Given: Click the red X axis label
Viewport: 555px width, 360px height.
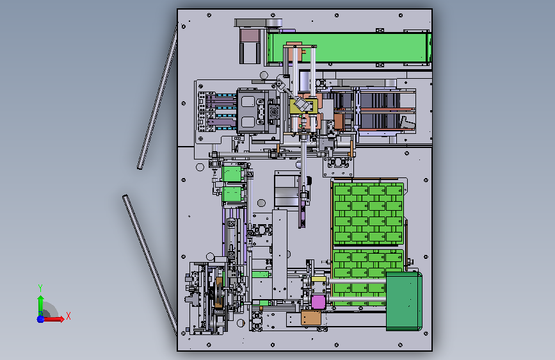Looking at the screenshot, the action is click(68, 316).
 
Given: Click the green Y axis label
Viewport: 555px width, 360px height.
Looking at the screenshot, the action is click(40, 288).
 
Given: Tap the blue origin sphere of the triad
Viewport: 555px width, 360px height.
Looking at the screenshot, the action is click(41, 319).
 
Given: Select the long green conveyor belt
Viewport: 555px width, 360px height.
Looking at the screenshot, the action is click(349, 47).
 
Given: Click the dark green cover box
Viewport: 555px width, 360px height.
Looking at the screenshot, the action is click(403, 301).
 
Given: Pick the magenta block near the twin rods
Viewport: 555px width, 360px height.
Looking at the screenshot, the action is click(318, 302).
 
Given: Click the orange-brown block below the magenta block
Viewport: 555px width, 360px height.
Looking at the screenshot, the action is click(310, 318).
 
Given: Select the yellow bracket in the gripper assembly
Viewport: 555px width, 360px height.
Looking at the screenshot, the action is click(301, 106).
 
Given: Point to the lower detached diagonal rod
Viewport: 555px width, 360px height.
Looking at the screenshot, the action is click(150, 265).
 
